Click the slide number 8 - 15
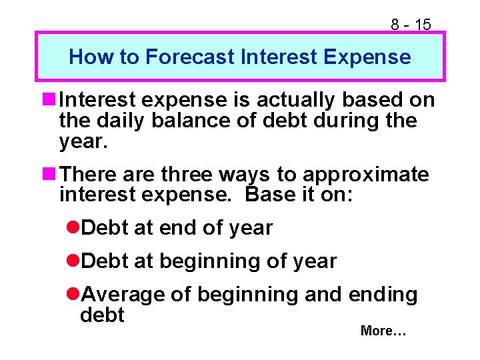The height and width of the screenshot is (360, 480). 411,25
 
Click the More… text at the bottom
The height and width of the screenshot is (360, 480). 383,331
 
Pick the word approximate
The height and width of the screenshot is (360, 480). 366,175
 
